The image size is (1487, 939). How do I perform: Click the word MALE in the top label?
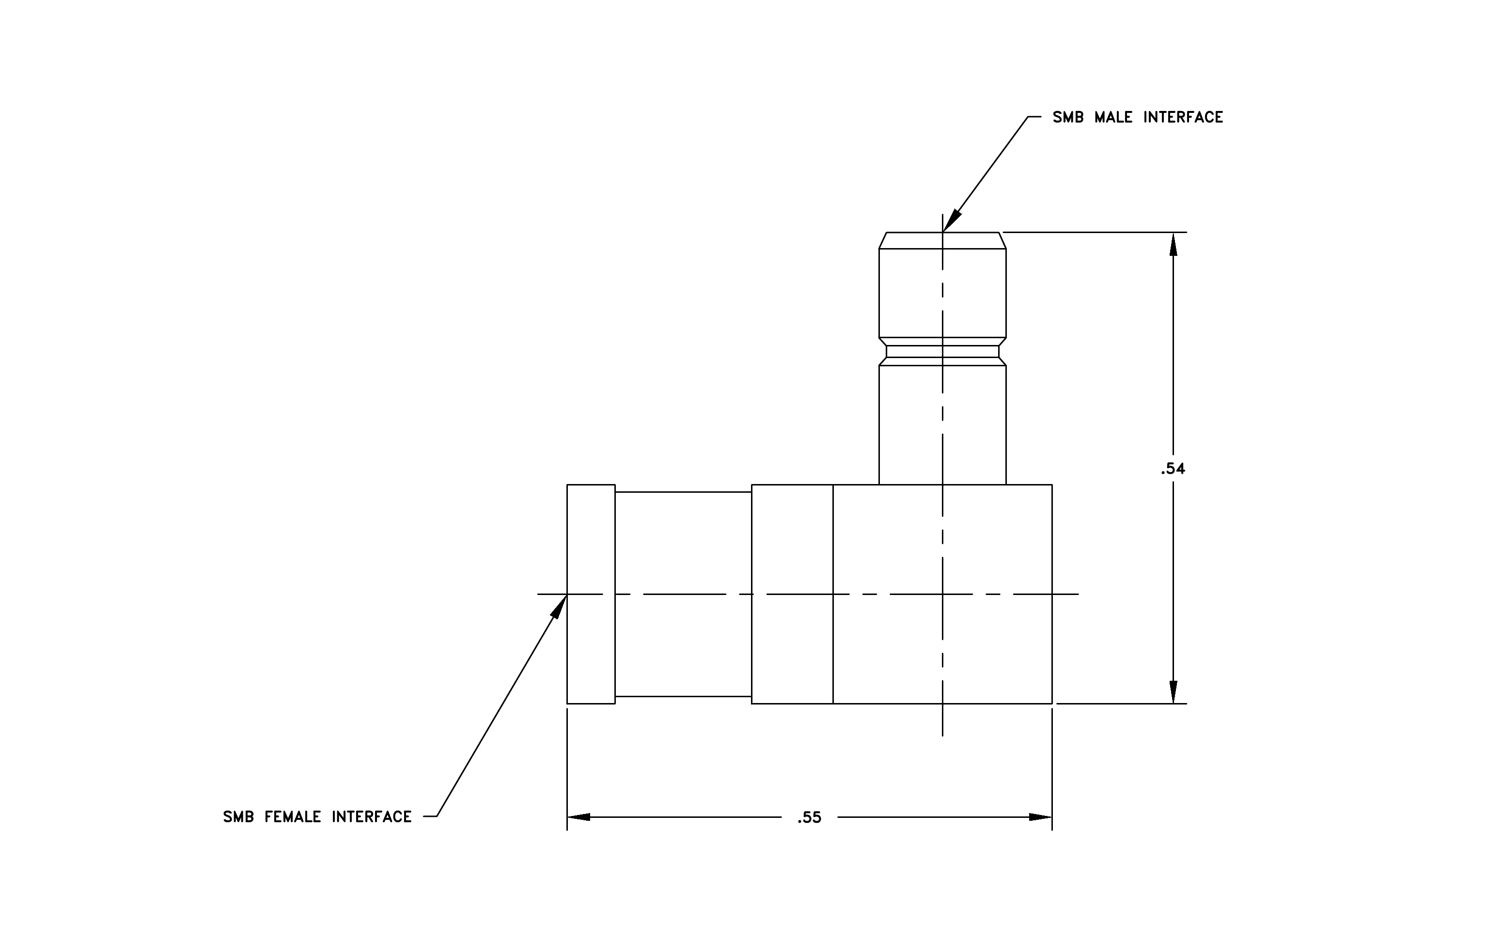point(1113,117)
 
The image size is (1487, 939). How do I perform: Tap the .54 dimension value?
point(1173,469)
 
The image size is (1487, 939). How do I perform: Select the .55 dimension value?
point(809,818)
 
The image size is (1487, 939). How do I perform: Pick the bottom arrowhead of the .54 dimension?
point(1174,691)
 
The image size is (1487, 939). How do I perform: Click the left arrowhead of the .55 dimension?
point(579,817)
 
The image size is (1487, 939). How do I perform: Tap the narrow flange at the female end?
point(591,594)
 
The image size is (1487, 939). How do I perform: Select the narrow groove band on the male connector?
point(942,351)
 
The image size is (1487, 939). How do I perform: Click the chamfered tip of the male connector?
point(942,241)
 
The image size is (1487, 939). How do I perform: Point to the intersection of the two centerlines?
point(942,594)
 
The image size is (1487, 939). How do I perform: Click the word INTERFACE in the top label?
point(1183,117)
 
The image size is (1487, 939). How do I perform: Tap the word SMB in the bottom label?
point(238,817)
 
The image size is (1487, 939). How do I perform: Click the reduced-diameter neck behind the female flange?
point(683,594)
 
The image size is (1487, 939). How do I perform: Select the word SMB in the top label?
point(1068,117)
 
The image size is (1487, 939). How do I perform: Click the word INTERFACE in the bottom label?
point(372,817)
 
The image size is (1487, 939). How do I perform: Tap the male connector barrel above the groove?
point(942,293)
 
